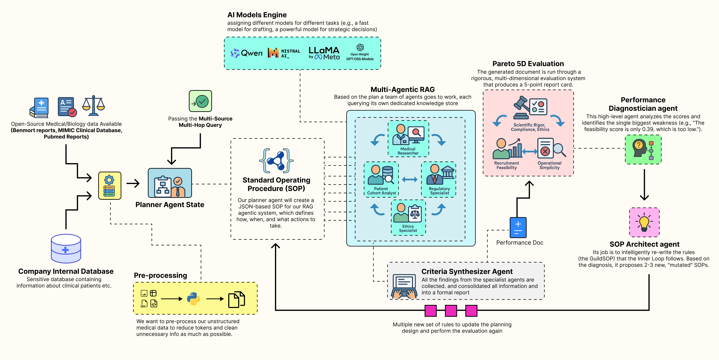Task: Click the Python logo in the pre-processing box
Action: pyautogui.click(x=193, y=299)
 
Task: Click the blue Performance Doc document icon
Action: pyautogui.click(x=518, y=227)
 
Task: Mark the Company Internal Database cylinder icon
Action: pyautogui.click(x=66, y=248)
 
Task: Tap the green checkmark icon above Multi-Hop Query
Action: pyautogui.click(x=200, y=101)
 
